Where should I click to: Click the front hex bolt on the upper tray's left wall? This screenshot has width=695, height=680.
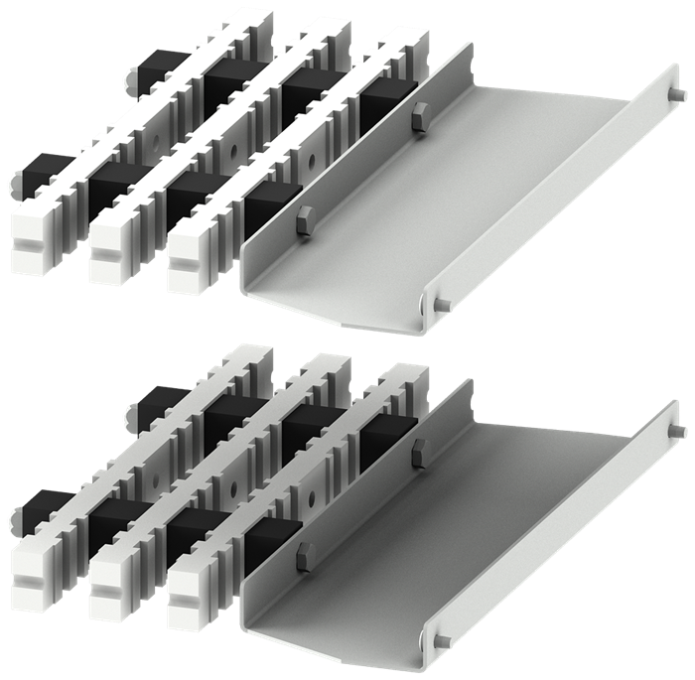(x=305, y=218)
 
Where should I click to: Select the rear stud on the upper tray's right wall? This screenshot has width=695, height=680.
(x=676, y=94)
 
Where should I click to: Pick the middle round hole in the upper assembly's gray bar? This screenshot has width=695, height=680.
(x=231, y=150)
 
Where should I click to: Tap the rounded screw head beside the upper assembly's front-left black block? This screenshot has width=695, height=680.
(x=14, y=183)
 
